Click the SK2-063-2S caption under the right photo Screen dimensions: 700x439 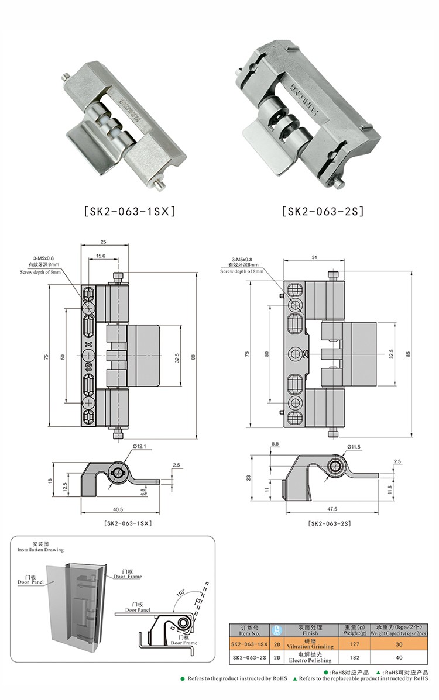[323, 211]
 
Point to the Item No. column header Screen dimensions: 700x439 [249, 630]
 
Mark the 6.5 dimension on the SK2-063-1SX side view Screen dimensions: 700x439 [144, 491]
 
